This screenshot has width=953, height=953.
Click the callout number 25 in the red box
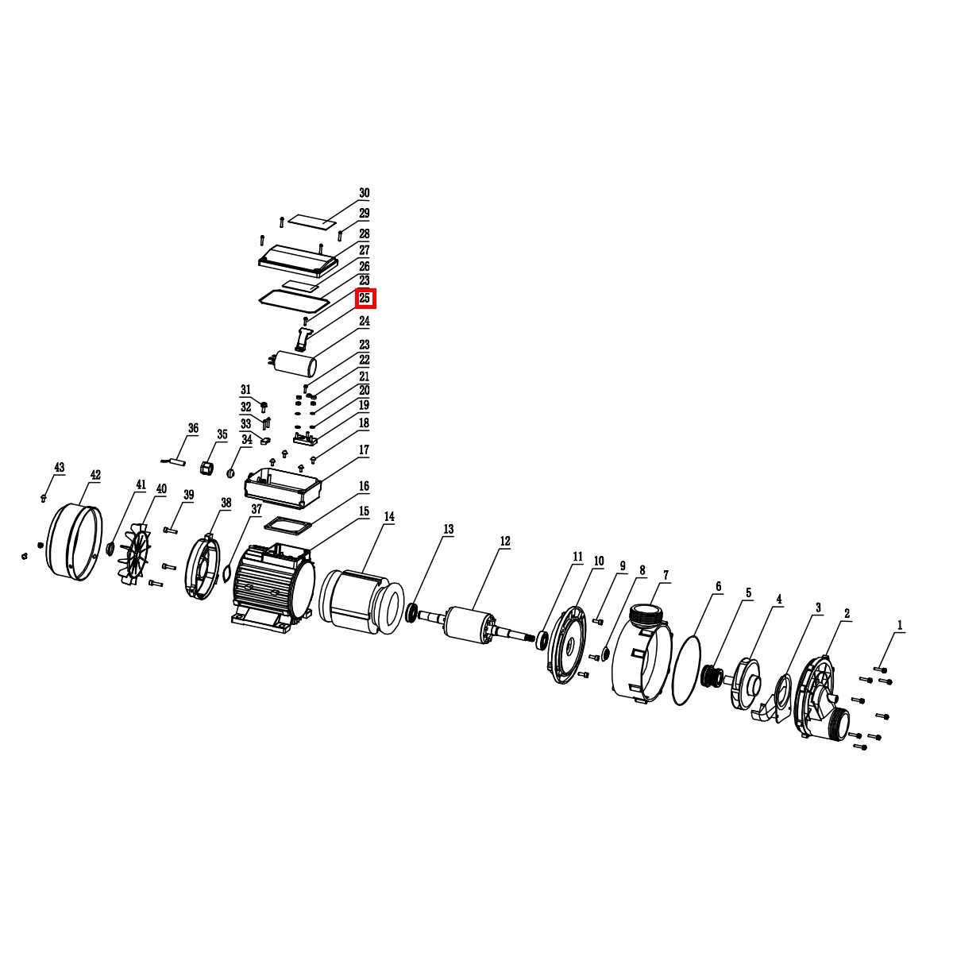(365, 299)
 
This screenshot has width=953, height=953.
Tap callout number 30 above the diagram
(364, 193)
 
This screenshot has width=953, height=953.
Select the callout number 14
(389, 517)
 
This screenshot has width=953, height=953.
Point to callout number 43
(59, 467)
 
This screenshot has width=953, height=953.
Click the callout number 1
(900, 625)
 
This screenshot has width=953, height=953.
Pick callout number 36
(193, 428)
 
